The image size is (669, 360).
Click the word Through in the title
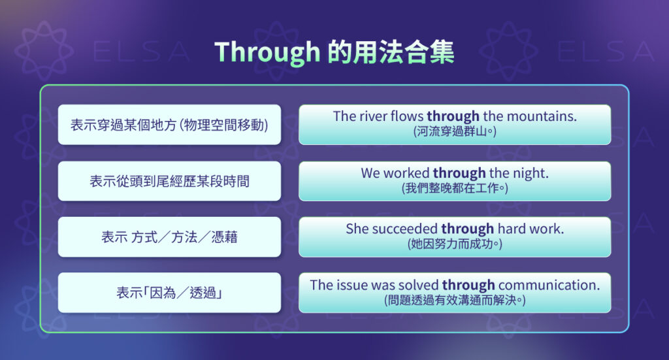(267, 52)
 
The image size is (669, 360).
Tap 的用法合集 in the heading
(391, 52)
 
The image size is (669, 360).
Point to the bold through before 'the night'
(459, 173)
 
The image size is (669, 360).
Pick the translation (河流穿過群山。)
(455, 131)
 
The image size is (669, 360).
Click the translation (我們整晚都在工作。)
(455, 188)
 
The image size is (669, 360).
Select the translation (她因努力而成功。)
(455, 244)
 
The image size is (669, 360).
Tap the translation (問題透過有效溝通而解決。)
(455, 301)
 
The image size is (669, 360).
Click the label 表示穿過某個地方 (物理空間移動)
(169, 124)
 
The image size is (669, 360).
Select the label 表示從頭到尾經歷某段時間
(169, 181)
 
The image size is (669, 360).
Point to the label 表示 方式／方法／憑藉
(169, 237)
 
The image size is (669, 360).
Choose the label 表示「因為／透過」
(169, 293)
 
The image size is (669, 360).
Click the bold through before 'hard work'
(467, 229)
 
